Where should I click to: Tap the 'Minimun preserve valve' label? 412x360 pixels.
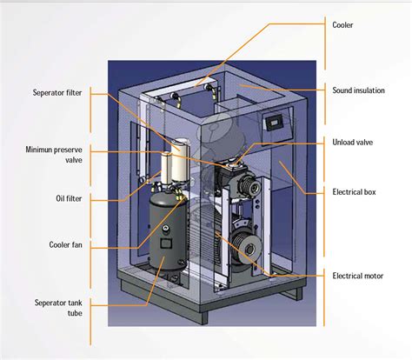56,156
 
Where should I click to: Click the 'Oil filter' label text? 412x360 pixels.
69,197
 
